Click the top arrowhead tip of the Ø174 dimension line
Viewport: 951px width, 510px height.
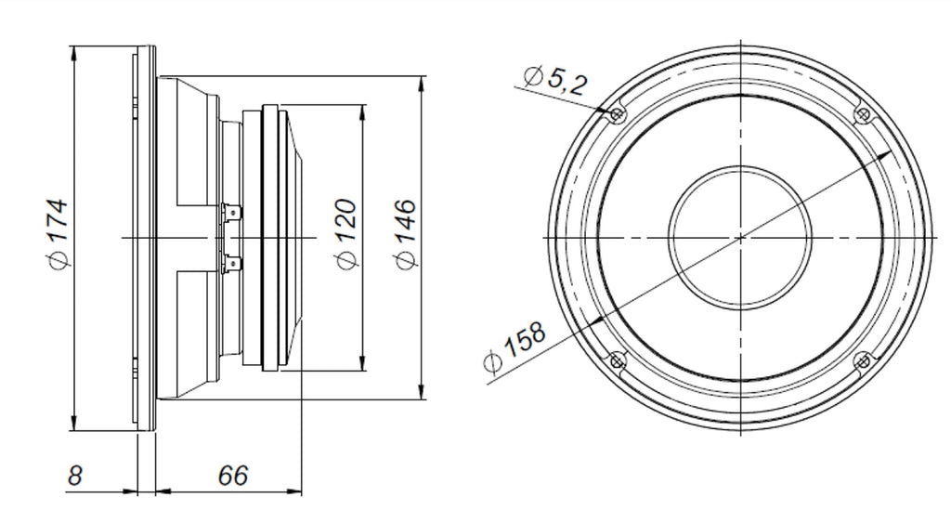pos(74,46)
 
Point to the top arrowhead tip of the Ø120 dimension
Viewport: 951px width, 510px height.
pos(363,106)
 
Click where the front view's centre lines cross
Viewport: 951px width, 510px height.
pos(740,237)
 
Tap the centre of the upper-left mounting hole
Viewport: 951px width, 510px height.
pos(617,114)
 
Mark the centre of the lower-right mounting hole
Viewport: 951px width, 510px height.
pos(863,361)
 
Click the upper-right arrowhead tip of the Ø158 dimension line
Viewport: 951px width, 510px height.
pos(891,152)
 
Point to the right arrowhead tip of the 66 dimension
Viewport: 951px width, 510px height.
pos(302,490)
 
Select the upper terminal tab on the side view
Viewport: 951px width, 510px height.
pos(233,214)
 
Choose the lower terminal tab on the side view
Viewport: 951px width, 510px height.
pos(233,264)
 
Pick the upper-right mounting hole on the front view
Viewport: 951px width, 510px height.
pos(863,114)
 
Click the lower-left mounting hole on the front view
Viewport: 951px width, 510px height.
pos(617,361)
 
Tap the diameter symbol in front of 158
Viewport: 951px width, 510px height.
pos(494,361)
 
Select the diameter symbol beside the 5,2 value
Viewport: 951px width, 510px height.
pos(533,76)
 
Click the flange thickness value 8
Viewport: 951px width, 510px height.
pos(74,476)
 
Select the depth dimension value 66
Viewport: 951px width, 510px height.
pos(233,476)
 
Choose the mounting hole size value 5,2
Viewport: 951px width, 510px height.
pos(567,82)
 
